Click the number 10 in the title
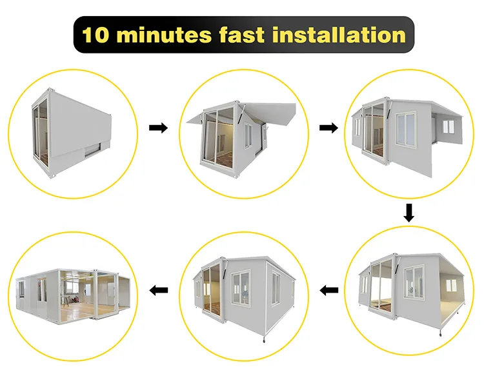(x=96, y=35)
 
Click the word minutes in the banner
(x=164, y=35)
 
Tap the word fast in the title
(x=242, y=35)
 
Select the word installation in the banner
(x=339, y=35)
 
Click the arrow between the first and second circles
(x=158, y=128)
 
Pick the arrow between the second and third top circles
(x=328, y=128)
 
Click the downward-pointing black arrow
(x=409, y=213)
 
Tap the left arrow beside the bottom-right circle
(x=328, y=290)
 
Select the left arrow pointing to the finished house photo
(x=158, y=290)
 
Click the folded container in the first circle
(x=71, y=133)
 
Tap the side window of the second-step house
(x=248, y=135)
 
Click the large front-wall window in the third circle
(x=406, y=129)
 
